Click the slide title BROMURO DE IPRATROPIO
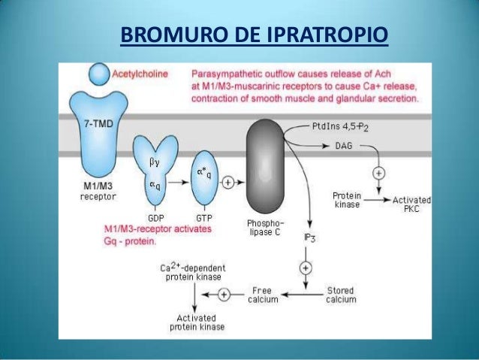255,35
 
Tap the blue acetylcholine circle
98,73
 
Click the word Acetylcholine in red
140,74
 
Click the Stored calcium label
341,295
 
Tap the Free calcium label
262,295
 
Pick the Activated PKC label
413,204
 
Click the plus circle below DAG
379,172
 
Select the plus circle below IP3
307,267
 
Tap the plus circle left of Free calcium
229,294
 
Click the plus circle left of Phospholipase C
228,181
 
